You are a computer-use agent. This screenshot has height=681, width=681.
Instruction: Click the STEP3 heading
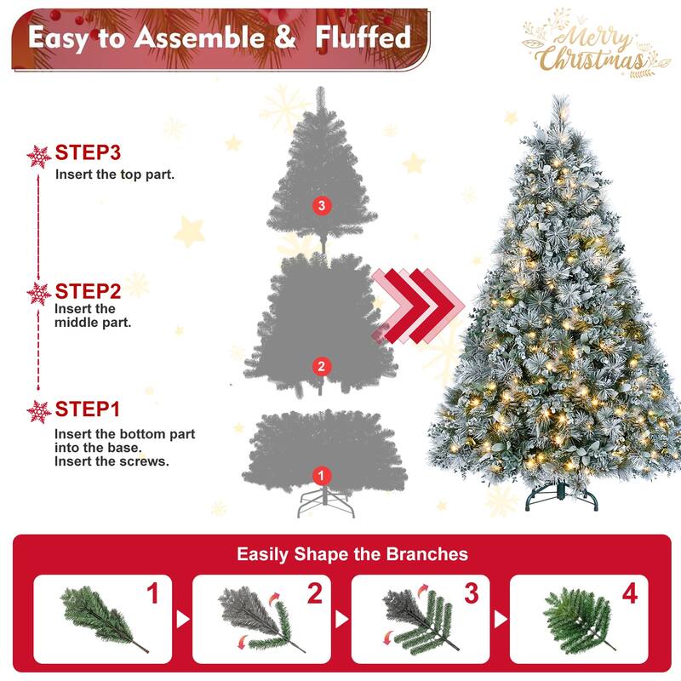coord(88,153)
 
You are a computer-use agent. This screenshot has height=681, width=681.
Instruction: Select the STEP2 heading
coord(88,291)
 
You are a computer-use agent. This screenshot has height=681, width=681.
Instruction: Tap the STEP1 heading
coord(88,409)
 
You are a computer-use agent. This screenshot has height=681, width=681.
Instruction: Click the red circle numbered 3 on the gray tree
coord(320,205)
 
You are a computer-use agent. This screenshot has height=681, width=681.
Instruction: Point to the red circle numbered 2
coord(320,367)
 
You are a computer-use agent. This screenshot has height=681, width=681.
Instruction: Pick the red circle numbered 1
coord(321,475)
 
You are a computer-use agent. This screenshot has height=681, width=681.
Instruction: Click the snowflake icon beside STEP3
coord(39,156)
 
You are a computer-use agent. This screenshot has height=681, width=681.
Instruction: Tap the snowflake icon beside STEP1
coord(39,411)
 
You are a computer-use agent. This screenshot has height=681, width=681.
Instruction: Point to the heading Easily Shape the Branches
coord(352,554)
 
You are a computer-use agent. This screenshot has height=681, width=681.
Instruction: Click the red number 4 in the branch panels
coord(629,594)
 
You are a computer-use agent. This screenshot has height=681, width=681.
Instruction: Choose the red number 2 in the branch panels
coord(314,594)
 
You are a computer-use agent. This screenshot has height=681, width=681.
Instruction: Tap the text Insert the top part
coord(115,175)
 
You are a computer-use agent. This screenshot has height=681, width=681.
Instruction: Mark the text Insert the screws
coord(112,462)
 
